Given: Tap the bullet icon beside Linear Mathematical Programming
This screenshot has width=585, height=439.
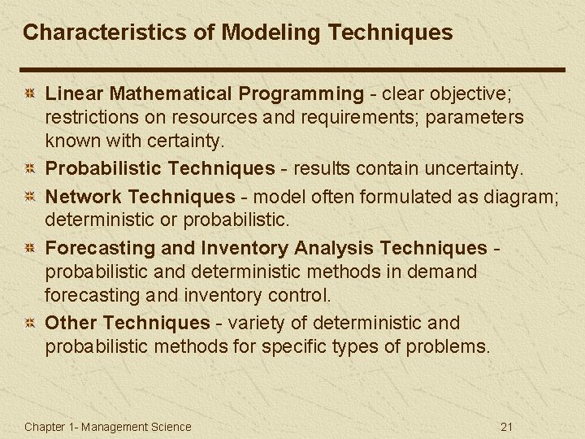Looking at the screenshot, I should click(x=29, y=95).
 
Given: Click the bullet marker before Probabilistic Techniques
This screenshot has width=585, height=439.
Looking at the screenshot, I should click(x=29, y=170).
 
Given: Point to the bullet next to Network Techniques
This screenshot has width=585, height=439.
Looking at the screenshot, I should click(x=29, y=197).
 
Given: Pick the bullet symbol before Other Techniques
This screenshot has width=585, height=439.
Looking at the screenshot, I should click(x=29, y=324).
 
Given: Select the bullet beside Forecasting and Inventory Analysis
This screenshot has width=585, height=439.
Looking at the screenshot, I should click(x=29, y=249).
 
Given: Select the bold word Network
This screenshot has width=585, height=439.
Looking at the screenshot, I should click(x=84, y=196).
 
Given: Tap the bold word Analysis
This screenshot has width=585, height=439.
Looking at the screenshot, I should click(x=335, y=248).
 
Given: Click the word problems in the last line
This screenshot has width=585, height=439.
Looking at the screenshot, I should click(x=449, y=347).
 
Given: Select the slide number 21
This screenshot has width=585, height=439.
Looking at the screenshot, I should click(x=508, y=427).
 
